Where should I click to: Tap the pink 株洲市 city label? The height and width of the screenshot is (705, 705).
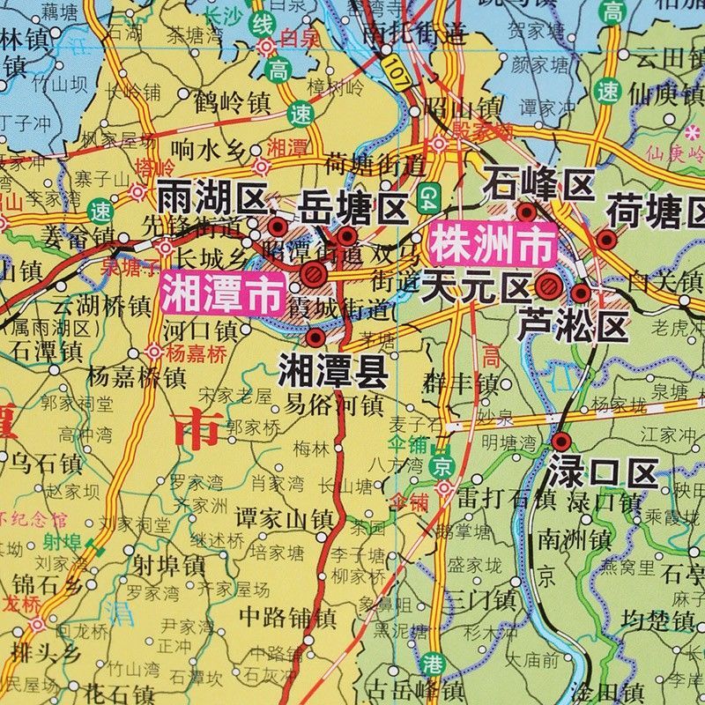click(x=493, y=246)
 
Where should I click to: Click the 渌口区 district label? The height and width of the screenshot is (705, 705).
click(x=603, y=472)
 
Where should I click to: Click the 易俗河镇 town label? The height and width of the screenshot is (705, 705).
click(x=334, y=405)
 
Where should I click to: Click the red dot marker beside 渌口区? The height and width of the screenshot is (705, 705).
click(x=560, y=442)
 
